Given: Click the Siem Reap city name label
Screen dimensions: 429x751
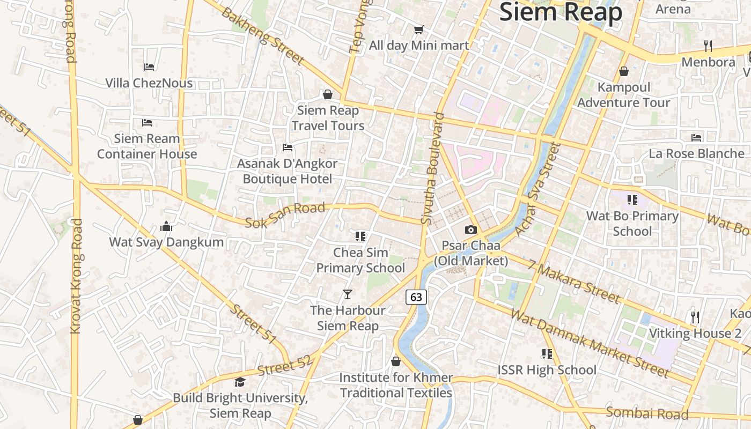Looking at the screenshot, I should [561, 12].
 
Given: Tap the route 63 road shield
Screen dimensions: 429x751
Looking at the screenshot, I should [416, 297].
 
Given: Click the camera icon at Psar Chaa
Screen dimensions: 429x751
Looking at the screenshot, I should [471, 230].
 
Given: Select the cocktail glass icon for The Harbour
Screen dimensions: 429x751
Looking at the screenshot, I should [348, 294].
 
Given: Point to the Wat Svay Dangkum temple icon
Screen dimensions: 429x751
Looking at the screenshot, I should [166, 226].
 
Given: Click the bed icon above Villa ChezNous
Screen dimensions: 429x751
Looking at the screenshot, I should [149, 67].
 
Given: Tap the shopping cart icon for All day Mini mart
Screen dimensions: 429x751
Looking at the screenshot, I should [418, 29].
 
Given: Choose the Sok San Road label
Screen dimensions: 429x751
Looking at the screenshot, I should [285, 214].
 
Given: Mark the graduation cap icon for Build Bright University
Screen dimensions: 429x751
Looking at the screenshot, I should [240, 382].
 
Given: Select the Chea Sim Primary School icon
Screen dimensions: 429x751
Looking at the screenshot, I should [360, 236].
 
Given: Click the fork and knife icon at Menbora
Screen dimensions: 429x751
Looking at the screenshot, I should [708, 46].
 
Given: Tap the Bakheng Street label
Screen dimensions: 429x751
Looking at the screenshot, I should [263, 36].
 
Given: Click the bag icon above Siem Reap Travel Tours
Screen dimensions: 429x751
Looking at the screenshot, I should [328, 94].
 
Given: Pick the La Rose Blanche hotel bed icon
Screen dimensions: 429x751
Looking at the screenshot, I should [696, 138].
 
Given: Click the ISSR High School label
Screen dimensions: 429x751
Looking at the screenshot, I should [547, 370].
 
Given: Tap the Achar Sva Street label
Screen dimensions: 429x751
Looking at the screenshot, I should [537, 189].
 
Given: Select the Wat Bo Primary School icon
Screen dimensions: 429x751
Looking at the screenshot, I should [632, 200].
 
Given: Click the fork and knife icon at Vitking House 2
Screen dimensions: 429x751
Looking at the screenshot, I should [696, 317].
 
